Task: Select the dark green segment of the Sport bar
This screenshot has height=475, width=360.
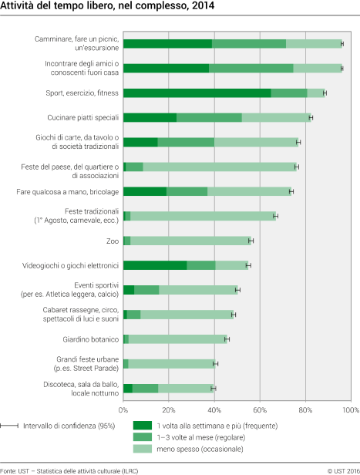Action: coord(197,93)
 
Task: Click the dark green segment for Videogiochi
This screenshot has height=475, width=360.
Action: coord(154,265)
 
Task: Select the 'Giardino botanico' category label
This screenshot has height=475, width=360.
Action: coord(90,339)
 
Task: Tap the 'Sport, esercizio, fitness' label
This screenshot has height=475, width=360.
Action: coord(79,93)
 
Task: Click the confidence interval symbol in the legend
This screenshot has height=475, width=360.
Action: coord(10,425)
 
